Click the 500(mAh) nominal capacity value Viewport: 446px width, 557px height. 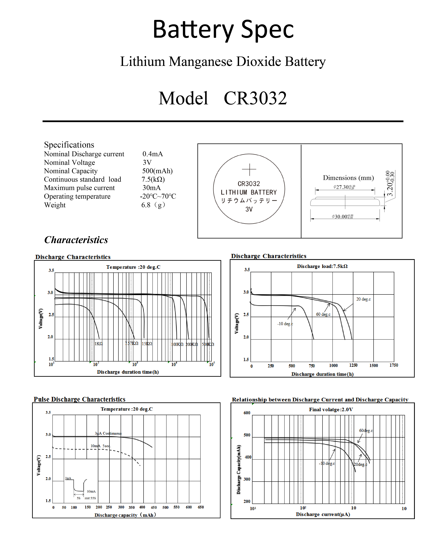[x=157, y=171]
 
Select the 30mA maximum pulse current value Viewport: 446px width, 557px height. [x=152, y=188]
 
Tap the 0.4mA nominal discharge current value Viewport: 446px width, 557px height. [x=153, y=154]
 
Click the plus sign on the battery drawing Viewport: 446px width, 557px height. [x=249, y=169]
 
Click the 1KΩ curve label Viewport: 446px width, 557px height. [x=99, y=344]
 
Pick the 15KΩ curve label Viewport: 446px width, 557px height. [x=147, y=344]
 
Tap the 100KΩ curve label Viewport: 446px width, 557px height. [x=177, y=344]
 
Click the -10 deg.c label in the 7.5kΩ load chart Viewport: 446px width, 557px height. [x=285, y=324]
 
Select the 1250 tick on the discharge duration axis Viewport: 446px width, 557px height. [x=353, y=365]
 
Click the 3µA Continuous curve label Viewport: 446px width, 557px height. [x=108, y=433]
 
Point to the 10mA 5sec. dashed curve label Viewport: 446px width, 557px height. [x=100, y=446]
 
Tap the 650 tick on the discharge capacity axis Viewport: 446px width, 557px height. [x=201, y=507]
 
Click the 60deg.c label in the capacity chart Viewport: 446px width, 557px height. [x=366, y=430]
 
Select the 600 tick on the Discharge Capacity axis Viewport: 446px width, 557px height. [x=247, y=413]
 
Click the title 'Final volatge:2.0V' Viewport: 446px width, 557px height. [x=331, y=409]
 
